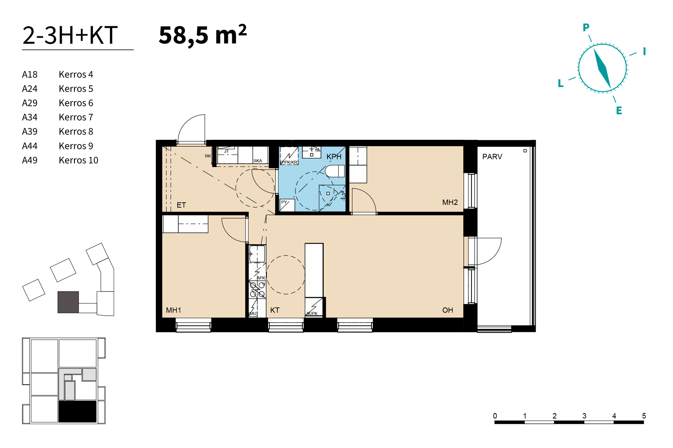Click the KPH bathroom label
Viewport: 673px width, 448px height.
334,157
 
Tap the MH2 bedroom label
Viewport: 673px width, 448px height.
450,202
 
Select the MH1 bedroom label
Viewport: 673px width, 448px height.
174,310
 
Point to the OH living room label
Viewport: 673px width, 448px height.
448,310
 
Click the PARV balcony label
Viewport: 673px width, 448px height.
492,157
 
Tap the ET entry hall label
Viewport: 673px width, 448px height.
181,205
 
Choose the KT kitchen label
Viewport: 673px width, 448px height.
275,310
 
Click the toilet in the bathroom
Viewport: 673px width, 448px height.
334,171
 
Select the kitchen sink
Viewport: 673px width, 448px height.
257,254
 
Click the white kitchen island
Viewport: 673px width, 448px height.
314,270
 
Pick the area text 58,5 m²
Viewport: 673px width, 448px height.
203,35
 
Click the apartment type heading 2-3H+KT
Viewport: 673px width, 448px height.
70,35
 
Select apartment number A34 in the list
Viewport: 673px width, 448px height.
30,117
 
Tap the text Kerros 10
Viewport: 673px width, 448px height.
78,160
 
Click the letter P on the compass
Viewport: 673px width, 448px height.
586,27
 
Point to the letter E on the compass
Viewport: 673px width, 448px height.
619,111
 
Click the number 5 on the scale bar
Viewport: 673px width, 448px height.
644,416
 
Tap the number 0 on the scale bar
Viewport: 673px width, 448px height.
495,416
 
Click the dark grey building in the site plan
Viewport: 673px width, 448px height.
68,302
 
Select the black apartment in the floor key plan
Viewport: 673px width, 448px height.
77,411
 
